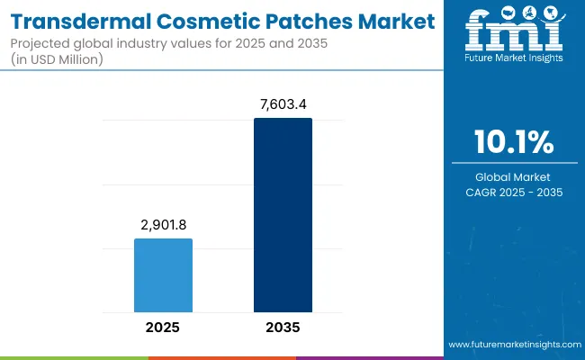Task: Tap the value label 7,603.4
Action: coord(283,105)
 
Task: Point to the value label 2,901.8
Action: coord(163,226)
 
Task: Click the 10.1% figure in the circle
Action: coord(515,143)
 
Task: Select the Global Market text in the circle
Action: coord(515,177)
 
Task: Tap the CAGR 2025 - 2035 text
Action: coord(515,192)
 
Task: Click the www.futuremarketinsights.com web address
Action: coord(514,345)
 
